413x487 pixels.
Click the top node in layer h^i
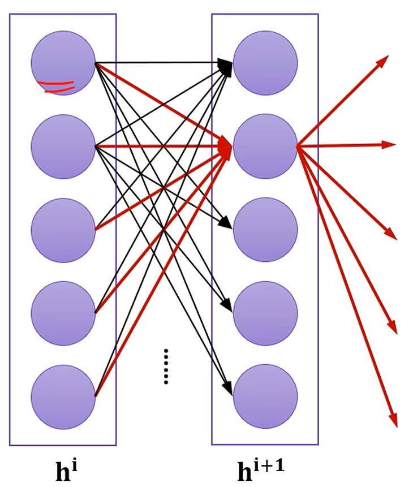63,63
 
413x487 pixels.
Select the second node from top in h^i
63,146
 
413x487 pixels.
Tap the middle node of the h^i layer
63,230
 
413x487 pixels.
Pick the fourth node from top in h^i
63,313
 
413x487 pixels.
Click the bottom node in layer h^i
63,397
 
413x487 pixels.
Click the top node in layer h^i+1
265,63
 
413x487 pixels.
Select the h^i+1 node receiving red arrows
265,146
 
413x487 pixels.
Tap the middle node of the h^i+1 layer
265,230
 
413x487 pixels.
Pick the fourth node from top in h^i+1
265,313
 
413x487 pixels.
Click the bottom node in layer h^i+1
265,397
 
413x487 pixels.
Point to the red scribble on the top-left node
56,87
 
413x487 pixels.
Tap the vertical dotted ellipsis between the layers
166,367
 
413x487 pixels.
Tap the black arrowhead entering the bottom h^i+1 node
227,390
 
